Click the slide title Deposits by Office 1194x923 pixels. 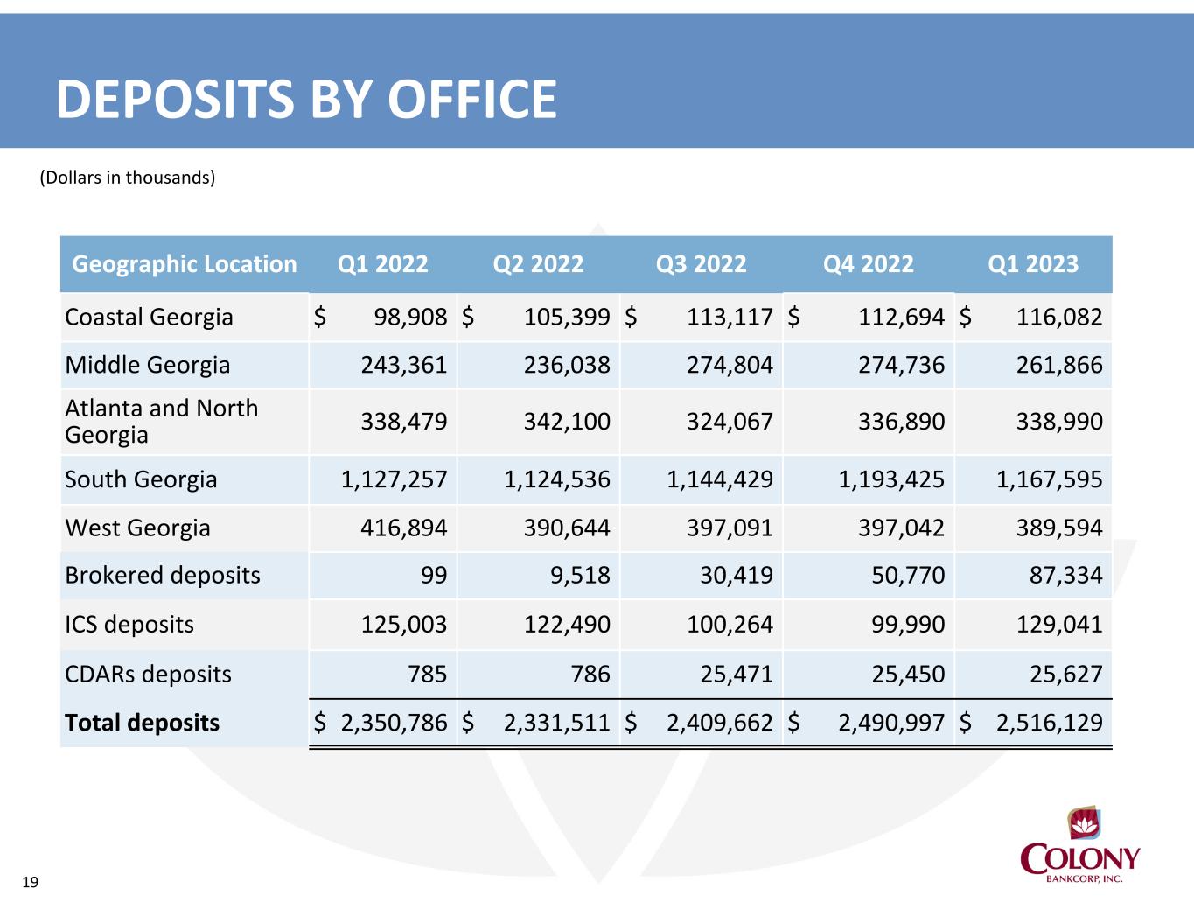(x=307, y=99)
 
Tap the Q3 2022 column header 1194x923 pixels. (x=701, y=264)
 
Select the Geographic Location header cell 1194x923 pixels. (x=184, y=264)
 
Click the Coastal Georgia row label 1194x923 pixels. (x=149, y=317)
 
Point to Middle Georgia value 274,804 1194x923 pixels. (x=730, y=365)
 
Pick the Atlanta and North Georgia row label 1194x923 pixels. (x=162, y=422)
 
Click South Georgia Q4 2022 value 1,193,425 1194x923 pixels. (x=891, y=479)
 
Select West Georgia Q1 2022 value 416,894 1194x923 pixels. (x=404, y=528)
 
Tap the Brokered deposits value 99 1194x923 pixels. (x=434, y=575)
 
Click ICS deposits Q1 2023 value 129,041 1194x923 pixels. (x=1059, y=624)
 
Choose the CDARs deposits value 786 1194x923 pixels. (x=590, y=674)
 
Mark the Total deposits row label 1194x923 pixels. (x=142, y=723)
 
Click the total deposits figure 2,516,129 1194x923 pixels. (x=1050, y=723)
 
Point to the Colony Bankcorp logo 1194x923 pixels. (x=1079, y=844)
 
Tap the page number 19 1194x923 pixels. (x=31, y=883)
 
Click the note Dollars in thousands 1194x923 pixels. (x=128, y=178)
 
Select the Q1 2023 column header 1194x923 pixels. (x=1033, y=264)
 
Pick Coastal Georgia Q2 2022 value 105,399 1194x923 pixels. (x=567, y=317)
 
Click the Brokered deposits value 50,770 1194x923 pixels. (x=908, y=575)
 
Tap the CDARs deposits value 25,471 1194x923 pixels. (x=737, y=674)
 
